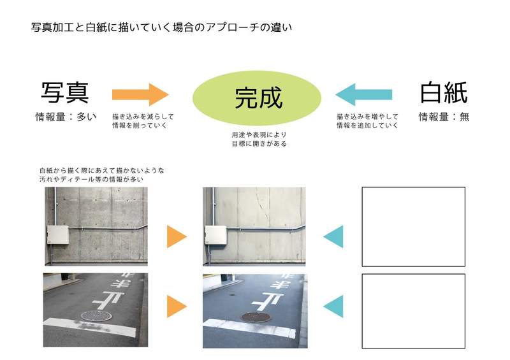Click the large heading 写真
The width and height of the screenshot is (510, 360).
click(65, 92)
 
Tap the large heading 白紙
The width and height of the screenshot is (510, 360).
click(444, 92)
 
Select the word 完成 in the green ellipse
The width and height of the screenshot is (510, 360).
click(259, 98)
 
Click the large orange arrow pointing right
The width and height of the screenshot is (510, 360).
click(140, 94)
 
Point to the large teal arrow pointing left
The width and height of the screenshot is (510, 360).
click(363, 94)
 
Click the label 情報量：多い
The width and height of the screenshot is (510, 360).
click(66, 117)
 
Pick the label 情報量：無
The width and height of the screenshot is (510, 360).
click(444, 117)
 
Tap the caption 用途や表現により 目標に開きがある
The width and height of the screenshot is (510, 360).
click(259, 139)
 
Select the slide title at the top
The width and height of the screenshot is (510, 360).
click(161, 27)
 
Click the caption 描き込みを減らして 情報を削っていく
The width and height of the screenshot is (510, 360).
click(143, 120)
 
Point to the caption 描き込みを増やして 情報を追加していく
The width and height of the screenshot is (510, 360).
click(367, 120)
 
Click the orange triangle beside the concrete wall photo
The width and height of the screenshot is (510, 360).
click(177, 236)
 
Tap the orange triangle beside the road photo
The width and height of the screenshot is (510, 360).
click(177, 306)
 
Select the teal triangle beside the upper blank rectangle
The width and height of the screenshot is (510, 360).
click(333, 236)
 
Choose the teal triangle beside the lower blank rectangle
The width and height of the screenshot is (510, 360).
click(333, 306)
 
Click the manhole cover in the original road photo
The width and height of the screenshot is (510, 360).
click(96, 315)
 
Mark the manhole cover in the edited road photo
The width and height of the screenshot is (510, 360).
click(256, 317)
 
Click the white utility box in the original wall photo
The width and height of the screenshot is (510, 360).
click(58, 235)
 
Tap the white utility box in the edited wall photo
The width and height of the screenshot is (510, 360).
click(215, 235)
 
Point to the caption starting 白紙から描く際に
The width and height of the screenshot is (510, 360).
click(102, 175)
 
